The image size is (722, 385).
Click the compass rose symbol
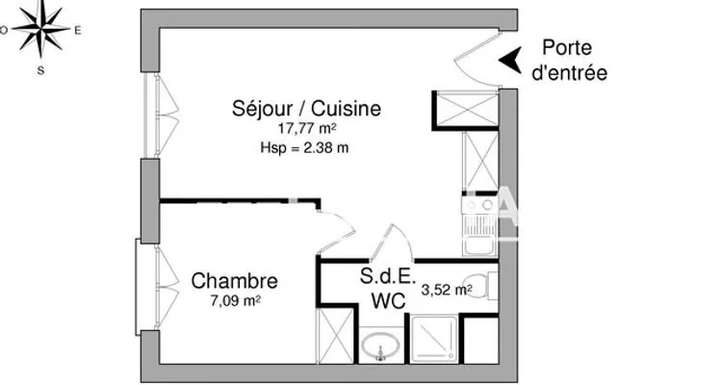[41, 29]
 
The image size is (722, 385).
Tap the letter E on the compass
[78, 31]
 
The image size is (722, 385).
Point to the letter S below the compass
[41, 70]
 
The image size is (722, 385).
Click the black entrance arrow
[510, 60]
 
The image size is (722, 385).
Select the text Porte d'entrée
[569, 61]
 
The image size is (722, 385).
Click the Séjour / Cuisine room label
[306, 109]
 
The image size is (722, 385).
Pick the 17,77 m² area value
[306, 128]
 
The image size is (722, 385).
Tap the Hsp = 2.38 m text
[304, 148]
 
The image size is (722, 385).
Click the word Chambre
[234, 280]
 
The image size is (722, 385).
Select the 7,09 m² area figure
[236, 300]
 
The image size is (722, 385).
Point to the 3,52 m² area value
[446, 290]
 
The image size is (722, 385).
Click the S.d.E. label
[388, 276]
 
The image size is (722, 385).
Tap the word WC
[388, 301]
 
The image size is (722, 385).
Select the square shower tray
[434, 340]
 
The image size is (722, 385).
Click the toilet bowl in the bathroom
[476, 286]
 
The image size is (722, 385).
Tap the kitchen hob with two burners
[479, 205]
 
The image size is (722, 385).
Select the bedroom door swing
[337, 233]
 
